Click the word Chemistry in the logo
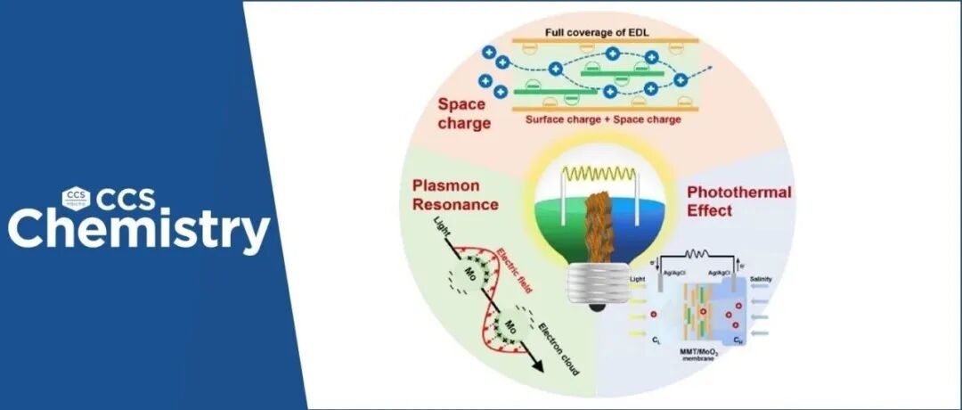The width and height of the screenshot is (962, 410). point(139,229)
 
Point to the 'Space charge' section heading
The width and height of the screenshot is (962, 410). point(463,113)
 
